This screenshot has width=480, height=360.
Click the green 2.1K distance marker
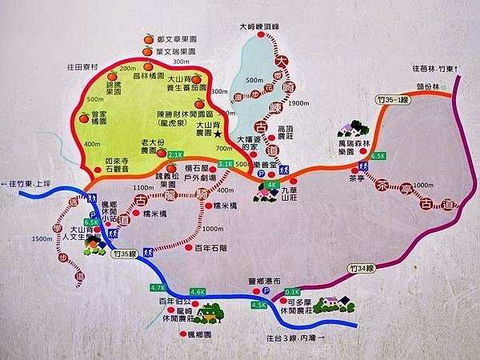176,154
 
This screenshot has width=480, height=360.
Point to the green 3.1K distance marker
225,163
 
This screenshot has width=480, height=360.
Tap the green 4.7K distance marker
157,288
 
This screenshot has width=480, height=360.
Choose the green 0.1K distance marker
292,292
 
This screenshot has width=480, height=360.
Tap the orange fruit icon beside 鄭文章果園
148,38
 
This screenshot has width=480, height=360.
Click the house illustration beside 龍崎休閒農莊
210,311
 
